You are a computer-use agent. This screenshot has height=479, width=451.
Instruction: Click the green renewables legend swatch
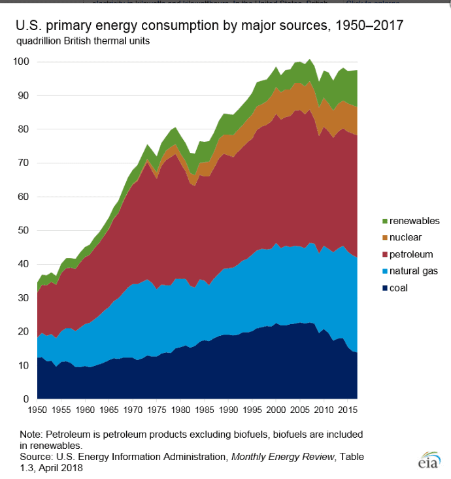(384, 221)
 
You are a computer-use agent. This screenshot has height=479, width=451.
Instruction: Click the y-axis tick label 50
(23, 230)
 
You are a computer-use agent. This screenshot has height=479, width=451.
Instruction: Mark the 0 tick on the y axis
(25, 399)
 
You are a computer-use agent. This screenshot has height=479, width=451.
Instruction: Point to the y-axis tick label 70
(23, 163)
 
